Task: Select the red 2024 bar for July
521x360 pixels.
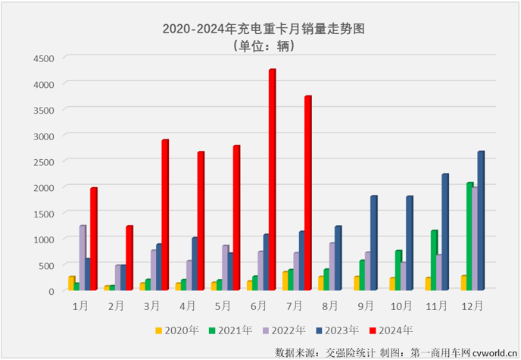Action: pyautogui.click(x=307, y=193)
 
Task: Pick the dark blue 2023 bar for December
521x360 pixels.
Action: pyautogui.click(x=480, y=221)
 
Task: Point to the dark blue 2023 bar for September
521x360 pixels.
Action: pyautogui.click(x=373, y=243)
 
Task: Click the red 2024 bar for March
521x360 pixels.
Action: pyautogui.click(x=164, y=215)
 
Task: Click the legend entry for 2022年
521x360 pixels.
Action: pyautogui.click(x=282, y=330)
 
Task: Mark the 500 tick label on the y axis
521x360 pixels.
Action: pyautogui.click(x=45, y=265)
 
